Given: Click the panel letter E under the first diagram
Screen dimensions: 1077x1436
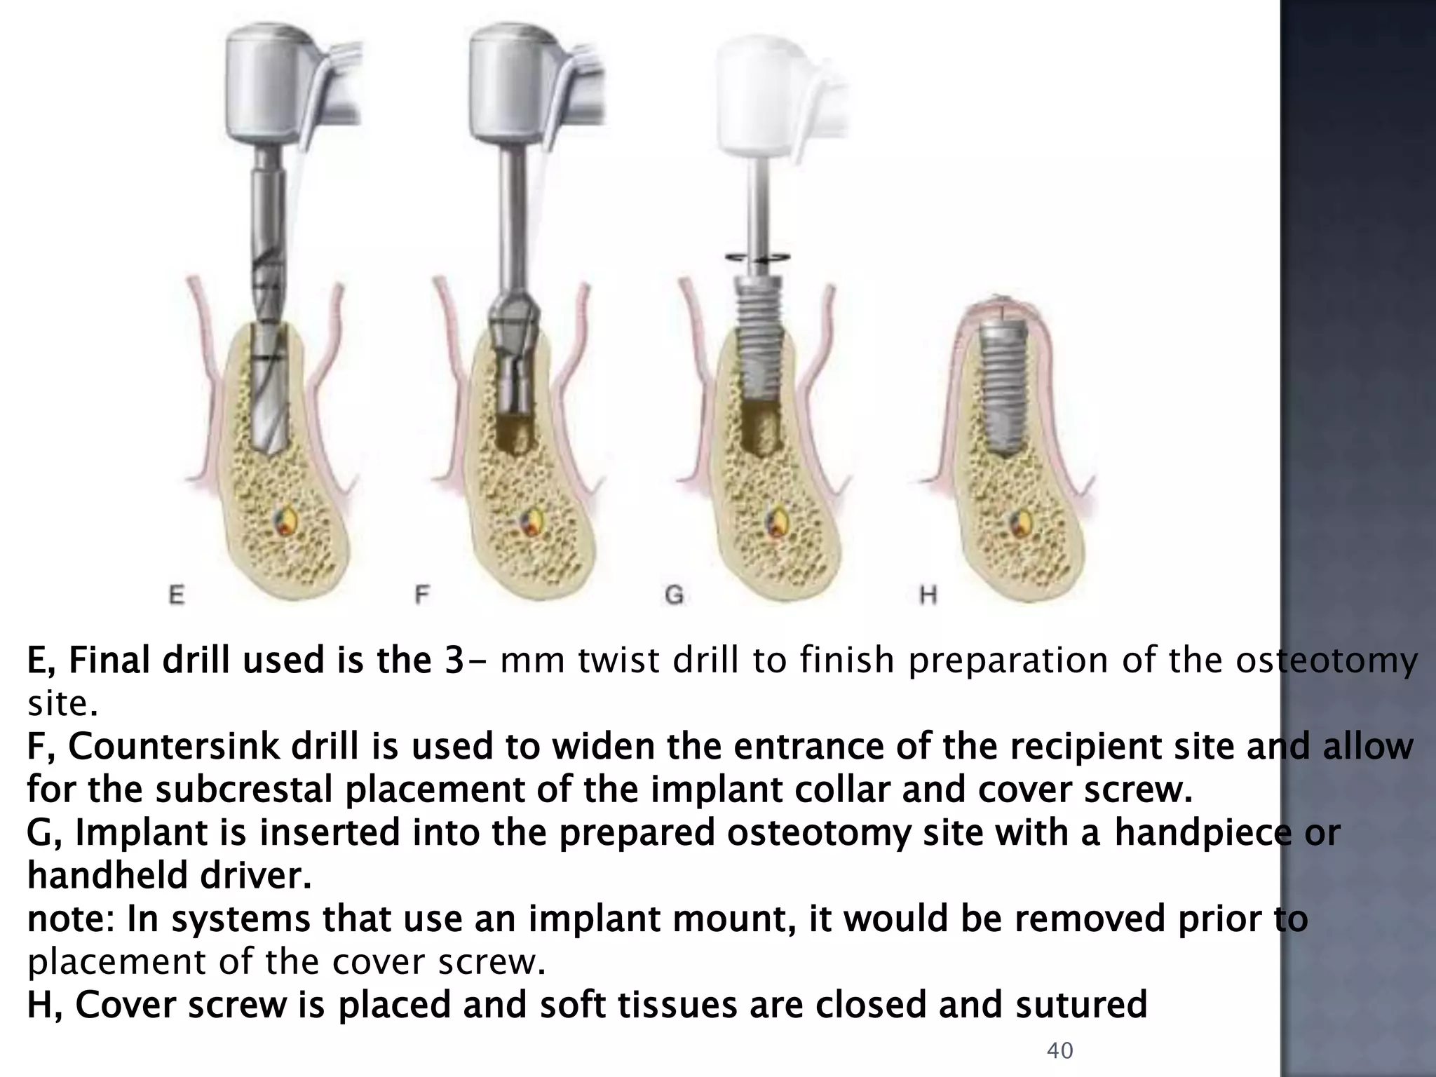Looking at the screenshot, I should [177, 596].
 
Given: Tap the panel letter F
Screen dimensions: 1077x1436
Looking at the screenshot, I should [421, 596].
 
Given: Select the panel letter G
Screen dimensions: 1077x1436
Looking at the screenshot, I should [673, 596].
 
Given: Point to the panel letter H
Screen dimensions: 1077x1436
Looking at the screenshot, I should [928, 596].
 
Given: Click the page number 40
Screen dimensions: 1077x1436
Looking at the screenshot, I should [1059, 1050].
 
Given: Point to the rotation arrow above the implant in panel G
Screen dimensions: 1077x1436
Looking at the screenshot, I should [758, 258].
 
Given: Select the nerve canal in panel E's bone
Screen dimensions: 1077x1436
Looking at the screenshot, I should [288, 522].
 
